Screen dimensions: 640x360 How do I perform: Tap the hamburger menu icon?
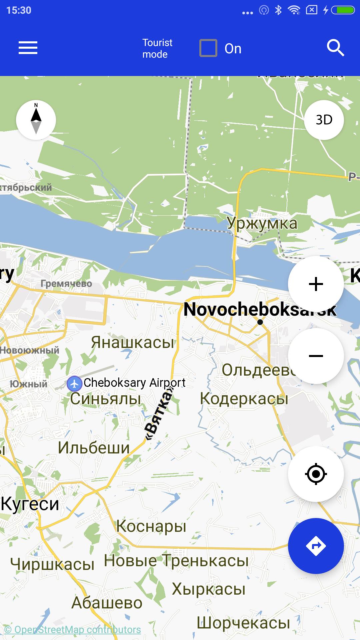click(28, 48)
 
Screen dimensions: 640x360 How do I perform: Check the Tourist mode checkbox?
click(208, 48)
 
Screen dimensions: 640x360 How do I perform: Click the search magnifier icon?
click(335, 48)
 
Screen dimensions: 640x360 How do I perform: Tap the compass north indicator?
click(36, 120)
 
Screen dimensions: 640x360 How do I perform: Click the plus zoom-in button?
click(316, 284)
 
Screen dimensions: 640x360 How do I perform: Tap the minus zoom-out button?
click(316, 356)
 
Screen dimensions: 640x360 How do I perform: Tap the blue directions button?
click(316, 546)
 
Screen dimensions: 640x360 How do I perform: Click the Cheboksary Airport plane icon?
click(74, 384)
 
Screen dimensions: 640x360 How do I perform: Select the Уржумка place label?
click(262, 223)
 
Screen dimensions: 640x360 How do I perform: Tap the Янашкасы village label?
click(133, 342)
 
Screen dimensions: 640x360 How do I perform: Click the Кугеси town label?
click(30, 504)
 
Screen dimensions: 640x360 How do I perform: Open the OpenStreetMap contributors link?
click(73, 630)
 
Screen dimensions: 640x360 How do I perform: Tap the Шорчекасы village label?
click(243, 623)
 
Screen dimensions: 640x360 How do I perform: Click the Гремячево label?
click(66, 284)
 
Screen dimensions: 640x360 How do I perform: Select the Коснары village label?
click(151, 526)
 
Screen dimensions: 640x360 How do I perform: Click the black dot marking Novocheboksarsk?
click(260, 322)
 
